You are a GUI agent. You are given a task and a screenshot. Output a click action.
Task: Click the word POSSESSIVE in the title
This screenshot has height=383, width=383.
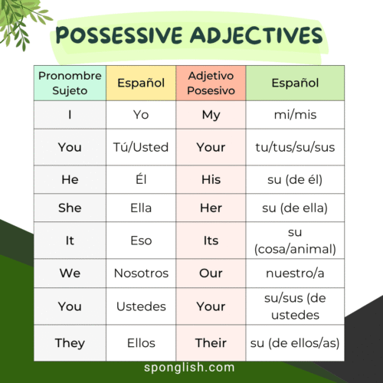pyautogui.click(x=119, y=35)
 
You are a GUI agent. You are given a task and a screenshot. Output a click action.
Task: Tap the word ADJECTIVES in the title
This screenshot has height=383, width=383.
pyautogui.click(x=257, y=35)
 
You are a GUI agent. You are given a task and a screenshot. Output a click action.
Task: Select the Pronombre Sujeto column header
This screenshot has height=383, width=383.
pyautogui.click(x=70, y=83)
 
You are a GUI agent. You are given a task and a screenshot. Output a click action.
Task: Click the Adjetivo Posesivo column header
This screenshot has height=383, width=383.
pyautogui.click(x=211, y=83)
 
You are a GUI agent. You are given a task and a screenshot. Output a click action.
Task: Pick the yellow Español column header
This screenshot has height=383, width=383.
pyautogui.click(x=141, y=83)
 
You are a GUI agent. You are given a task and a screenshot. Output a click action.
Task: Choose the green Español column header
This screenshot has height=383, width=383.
pyautogui.click(x=295, y=83)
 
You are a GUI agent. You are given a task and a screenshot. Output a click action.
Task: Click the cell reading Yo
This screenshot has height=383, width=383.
pyautogui.click(x=141, y=115)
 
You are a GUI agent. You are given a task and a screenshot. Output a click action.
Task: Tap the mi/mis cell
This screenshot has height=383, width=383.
pyautogui.click(x=295, y=115)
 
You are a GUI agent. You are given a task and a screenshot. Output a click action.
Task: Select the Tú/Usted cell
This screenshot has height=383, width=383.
pyautogui.click(x=141, y=147)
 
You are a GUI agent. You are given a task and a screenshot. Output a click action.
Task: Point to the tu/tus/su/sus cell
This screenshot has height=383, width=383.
pyautogui.click(x=295, y=147)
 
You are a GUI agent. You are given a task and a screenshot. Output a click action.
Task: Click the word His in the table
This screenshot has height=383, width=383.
pyautogui.click(x=211, y=179)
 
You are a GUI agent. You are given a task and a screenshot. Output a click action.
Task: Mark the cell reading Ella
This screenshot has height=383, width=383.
pyautogui.click(x=141, y=208)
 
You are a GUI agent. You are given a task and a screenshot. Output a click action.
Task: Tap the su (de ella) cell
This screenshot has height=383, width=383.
pyautogui.click(x=295, y=208)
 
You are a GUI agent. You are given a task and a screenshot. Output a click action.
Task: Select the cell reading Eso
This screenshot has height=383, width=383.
pyautogui.click(x=141, y=241)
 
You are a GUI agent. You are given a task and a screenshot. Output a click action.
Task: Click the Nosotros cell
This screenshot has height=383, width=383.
pyautogui.click(x=141, y=273)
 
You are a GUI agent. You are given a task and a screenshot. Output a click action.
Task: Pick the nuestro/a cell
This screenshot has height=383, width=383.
pyautogui.click(x=295, y=273)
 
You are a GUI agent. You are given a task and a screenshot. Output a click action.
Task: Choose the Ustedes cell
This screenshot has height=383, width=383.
pyautogui.click(x=141, y=306)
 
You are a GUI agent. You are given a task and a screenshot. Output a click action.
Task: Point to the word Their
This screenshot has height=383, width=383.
pyautogui.click(x=211, y=343)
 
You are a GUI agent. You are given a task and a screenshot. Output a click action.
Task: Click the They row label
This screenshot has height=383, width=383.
pyautogui.click(x=70, y=343)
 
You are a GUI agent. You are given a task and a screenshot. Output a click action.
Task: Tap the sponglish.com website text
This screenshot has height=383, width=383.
pyautogui.click(x=189, y=368)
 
